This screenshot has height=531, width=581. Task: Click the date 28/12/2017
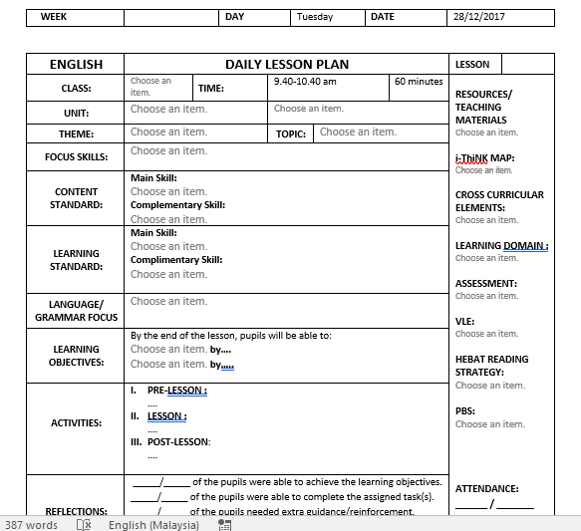tap(480, 17)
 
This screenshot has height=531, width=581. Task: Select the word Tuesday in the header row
tap(315, 17)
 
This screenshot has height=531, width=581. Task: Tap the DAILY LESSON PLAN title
tap(287, 64)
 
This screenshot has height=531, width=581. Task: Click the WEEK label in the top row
tap(54, 17)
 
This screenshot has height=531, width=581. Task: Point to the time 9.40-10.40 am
tap(305, 82)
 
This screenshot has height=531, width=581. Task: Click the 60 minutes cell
tap(419, 82)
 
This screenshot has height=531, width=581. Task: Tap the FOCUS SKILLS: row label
tap(77, 156)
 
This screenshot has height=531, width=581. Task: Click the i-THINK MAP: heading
tap(484, 158)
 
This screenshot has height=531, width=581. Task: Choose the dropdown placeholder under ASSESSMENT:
tap(486, 296)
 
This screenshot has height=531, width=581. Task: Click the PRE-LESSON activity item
tap(176, 391)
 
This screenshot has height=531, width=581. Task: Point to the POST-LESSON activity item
tap(178, 441)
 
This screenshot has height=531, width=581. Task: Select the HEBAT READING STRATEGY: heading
tap(491, 366)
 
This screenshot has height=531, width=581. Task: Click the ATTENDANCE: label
tap(486, 489)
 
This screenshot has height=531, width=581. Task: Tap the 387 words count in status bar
tap(31, 524)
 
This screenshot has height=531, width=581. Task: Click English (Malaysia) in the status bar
tap(153, 524)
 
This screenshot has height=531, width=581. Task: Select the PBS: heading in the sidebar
tap(465, 410)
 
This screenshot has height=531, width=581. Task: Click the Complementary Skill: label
tap(177, 205)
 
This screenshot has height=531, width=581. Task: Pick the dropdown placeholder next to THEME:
tap(168, 132)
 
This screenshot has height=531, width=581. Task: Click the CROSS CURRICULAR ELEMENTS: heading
tap(499, 201)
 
